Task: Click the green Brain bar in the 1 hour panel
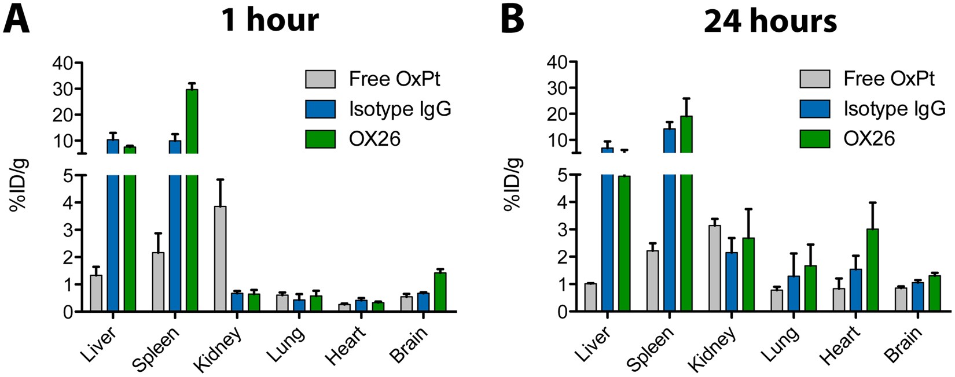440,292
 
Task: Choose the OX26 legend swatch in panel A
321,139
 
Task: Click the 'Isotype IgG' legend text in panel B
894,109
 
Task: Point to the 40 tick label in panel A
65,63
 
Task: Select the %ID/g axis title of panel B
513,183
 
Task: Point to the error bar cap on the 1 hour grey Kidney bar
220,180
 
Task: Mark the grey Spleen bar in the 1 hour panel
158,282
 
